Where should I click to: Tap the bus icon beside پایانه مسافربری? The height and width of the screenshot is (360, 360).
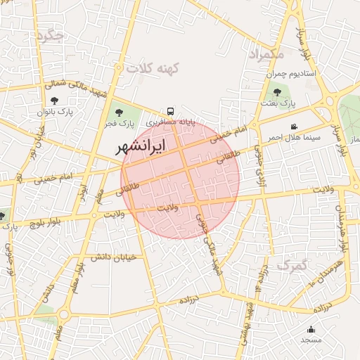point(170,112)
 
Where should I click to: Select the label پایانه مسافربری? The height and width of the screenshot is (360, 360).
point(170,122)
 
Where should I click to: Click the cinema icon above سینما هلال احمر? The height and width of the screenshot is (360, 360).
point(294,126)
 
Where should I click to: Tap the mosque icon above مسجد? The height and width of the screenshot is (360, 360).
point(311,329)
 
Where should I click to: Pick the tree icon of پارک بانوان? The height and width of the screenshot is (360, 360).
point(55,101)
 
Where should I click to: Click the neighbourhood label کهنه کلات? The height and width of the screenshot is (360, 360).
point(153,68)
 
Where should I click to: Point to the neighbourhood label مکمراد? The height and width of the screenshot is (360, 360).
point(266,53)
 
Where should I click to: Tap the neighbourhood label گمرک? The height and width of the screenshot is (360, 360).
point(292,264)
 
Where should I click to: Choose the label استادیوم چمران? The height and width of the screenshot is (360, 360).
point(291,73)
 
